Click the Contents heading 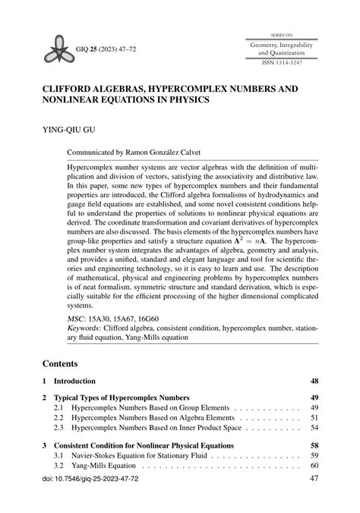pos(62,364)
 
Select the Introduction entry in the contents pos(75,381)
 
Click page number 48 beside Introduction pos(314,381)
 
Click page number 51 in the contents pos(314,417)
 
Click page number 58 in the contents pos(314,445)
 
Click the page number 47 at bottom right pos(314,480)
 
